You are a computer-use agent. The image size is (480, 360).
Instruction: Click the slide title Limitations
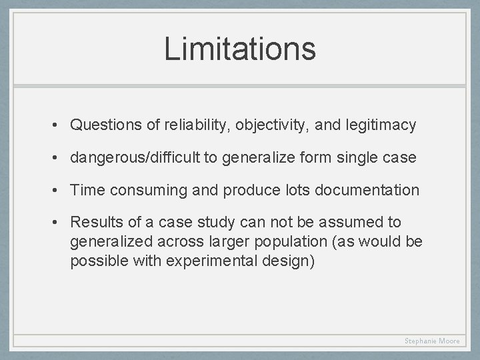click(x=240, y=49)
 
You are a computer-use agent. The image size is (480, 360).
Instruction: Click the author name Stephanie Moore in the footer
click(x=432, y=341)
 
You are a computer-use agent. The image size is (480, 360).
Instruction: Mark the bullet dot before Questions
click(x=59, y=125)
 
